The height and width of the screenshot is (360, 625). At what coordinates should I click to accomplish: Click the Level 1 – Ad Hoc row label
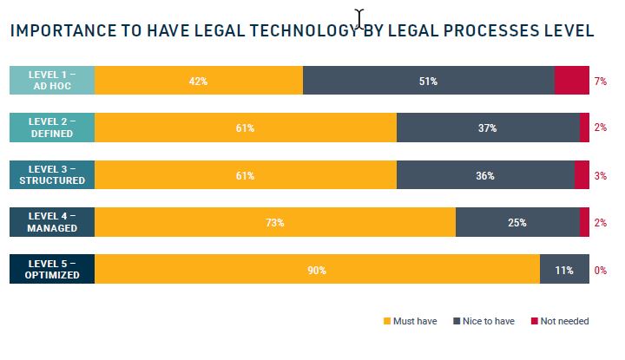(51, 81)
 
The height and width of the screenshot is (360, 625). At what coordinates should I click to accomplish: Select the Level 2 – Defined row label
(51, 128)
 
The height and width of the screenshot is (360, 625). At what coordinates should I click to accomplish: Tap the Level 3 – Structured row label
(51, 175)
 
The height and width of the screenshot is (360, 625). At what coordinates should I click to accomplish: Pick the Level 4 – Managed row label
(51, 222)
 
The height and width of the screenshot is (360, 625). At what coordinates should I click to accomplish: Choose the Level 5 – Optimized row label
(51, 270)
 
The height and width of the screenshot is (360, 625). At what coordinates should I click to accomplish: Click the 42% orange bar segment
(199, 81)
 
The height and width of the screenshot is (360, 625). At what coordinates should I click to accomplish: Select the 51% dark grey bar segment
(428, 81)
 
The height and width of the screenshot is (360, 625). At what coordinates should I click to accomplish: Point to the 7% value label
(599, 81)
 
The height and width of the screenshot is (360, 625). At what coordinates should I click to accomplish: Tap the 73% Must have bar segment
(275, 222)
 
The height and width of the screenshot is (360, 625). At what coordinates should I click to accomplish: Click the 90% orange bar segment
(317, 270)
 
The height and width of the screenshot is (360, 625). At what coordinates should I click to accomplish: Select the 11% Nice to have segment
(564, 270)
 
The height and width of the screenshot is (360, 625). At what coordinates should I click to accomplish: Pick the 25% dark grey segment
(517, 222)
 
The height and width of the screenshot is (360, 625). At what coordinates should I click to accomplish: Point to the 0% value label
(599, 270)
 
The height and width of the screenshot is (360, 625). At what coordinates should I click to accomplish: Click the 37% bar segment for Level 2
(488, 128)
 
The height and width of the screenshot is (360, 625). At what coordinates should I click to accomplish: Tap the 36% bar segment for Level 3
(485, 175)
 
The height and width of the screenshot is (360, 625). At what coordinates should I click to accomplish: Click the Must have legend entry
(410, 321)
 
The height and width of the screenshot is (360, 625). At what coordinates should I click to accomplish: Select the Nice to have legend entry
(484, 321)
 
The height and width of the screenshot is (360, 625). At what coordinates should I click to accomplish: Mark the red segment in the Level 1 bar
(571, 81)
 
